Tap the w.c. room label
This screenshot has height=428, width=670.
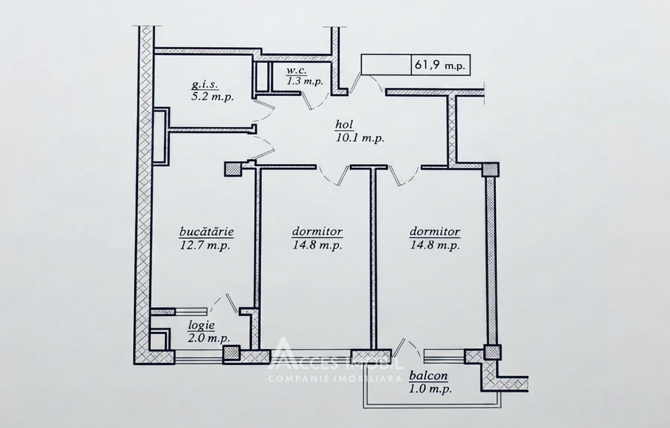[296, 71]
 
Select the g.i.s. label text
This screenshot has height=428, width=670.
[205, 85]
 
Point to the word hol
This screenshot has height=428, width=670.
[344, 125]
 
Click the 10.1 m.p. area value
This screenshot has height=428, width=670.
[360, 138]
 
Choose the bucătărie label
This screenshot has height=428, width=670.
[207, 232]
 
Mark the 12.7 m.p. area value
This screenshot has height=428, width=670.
[205, 245]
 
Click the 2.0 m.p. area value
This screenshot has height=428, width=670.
[209, 338]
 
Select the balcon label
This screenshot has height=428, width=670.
[428, 376]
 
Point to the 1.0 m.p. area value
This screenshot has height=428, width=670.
[430, 389]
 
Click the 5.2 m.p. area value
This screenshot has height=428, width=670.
[213, 97]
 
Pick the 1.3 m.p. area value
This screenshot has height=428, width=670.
[305, 81]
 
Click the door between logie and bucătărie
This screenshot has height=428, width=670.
[224, 303]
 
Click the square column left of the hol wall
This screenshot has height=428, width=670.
[233, 169]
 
